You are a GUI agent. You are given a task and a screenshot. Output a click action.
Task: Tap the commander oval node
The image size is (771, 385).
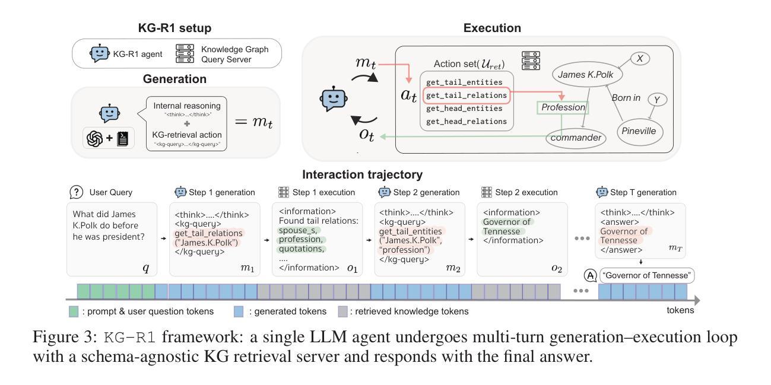click(576, 138)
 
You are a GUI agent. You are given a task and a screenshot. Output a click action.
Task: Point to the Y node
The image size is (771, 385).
click(655, 100)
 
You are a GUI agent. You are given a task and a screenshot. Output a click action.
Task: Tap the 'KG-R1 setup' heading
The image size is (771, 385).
click(176, 28)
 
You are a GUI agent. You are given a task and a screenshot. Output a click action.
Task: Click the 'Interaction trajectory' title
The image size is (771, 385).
click(363, 174)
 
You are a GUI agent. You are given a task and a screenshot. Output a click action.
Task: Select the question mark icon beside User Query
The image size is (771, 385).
click(76, 192)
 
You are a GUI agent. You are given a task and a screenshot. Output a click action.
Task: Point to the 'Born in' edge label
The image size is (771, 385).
click(626, 98)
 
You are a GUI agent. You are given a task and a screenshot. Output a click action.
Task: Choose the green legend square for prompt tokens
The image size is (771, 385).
click(74, 311)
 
